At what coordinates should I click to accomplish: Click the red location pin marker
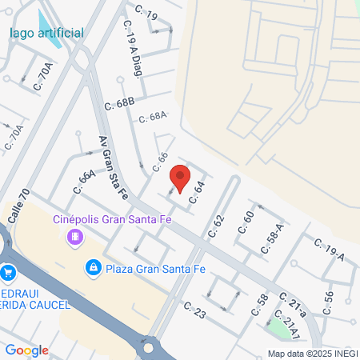(182, 178)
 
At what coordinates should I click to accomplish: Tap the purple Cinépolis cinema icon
(75, 237)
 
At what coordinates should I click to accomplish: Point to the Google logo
(26, 350)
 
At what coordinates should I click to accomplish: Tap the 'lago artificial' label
(46, 34)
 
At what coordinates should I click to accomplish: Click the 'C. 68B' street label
(120, 104)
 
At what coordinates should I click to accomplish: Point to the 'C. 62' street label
(217, 226)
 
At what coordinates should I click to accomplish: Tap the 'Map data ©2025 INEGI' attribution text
(312, 354)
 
